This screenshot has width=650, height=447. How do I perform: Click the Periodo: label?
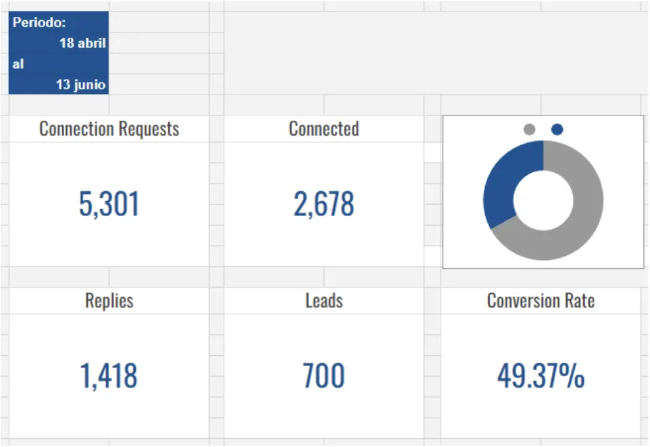(39, 22)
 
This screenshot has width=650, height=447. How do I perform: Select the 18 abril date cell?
(82, 43)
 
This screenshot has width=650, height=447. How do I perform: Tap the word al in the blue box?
(18, 64)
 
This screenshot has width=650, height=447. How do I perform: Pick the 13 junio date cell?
(81, 85)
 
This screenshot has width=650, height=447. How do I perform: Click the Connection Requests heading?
(109, 129)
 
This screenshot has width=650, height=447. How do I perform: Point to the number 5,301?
(109, 204)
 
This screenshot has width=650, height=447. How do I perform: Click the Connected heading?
(324, 129)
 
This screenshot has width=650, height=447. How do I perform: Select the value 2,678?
(324, 204)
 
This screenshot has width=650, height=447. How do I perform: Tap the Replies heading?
(109, 300)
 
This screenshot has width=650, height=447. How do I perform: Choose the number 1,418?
(109, 376)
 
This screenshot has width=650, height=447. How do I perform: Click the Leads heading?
(324, 300)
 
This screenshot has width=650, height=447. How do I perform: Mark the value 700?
(324, 376)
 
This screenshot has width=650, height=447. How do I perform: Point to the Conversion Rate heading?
(541, 300)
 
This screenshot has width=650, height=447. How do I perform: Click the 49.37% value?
(541, 376)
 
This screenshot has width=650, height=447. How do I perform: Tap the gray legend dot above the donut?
(530, 130)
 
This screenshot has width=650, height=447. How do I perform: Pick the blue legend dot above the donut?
(557, 130)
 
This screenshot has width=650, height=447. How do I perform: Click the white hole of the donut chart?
(543, 201)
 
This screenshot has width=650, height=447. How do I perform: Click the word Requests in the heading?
(149, 129)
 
